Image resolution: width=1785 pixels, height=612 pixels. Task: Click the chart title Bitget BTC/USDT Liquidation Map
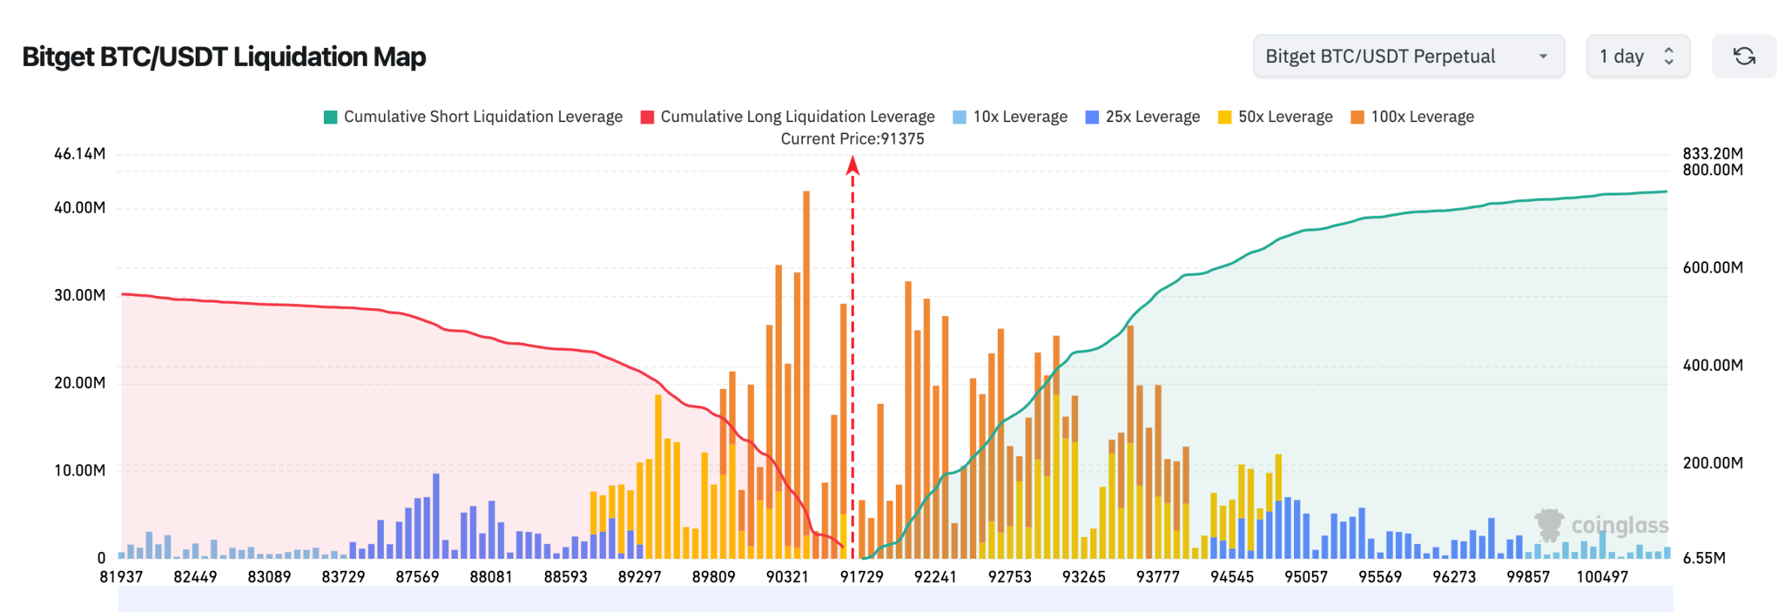223,57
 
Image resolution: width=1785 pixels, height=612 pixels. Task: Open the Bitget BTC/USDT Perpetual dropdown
1407,56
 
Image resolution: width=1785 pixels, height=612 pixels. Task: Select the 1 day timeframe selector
1637,56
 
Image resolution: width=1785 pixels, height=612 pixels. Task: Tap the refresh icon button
1744,56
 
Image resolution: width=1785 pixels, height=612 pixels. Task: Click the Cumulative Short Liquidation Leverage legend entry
473,117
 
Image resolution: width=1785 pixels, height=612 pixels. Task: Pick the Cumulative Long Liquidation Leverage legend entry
788,117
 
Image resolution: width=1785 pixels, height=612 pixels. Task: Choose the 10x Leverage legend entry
1010,117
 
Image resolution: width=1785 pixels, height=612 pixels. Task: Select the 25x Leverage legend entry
1143,117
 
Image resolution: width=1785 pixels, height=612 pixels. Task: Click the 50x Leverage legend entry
1275,117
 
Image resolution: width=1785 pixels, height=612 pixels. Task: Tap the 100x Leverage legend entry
1412,117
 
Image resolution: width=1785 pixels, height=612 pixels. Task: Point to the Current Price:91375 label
852,139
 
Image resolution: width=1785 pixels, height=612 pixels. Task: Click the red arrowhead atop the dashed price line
852,165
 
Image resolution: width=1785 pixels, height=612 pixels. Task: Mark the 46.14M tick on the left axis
79,154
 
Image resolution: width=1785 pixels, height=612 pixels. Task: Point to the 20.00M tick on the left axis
79,383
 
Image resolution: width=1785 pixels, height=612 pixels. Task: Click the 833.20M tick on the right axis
1712,154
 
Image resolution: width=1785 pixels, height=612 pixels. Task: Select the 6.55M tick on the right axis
1703,558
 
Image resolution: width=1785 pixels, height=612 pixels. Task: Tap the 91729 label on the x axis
861,577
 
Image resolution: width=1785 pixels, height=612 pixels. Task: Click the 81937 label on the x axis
121,577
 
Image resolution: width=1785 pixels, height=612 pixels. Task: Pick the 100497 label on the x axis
1602,577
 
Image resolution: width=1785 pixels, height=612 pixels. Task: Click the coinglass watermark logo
1601,525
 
